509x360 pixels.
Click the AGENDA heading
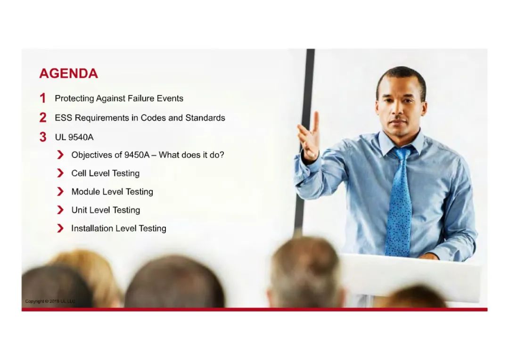(68, 74)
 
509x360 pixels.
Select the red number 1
(42, 98)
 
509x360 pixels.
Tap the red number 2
(43, 117)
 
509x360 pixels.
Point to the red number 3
(43, 137)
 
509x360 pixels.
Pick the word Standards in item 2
(205, 118)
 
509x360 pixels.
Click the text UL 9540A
(74, 137)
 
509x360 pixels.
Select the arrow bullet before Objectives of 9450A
(60, 155)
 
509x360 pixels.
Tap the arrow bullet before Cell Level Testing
(60, 173)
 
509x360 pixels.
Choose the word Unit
(79, 210)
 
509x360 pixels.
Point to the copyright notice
(50, 301)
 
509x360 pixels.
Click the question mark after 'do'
(222, 155)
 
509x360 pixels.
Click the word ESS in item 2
(63, 118)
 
